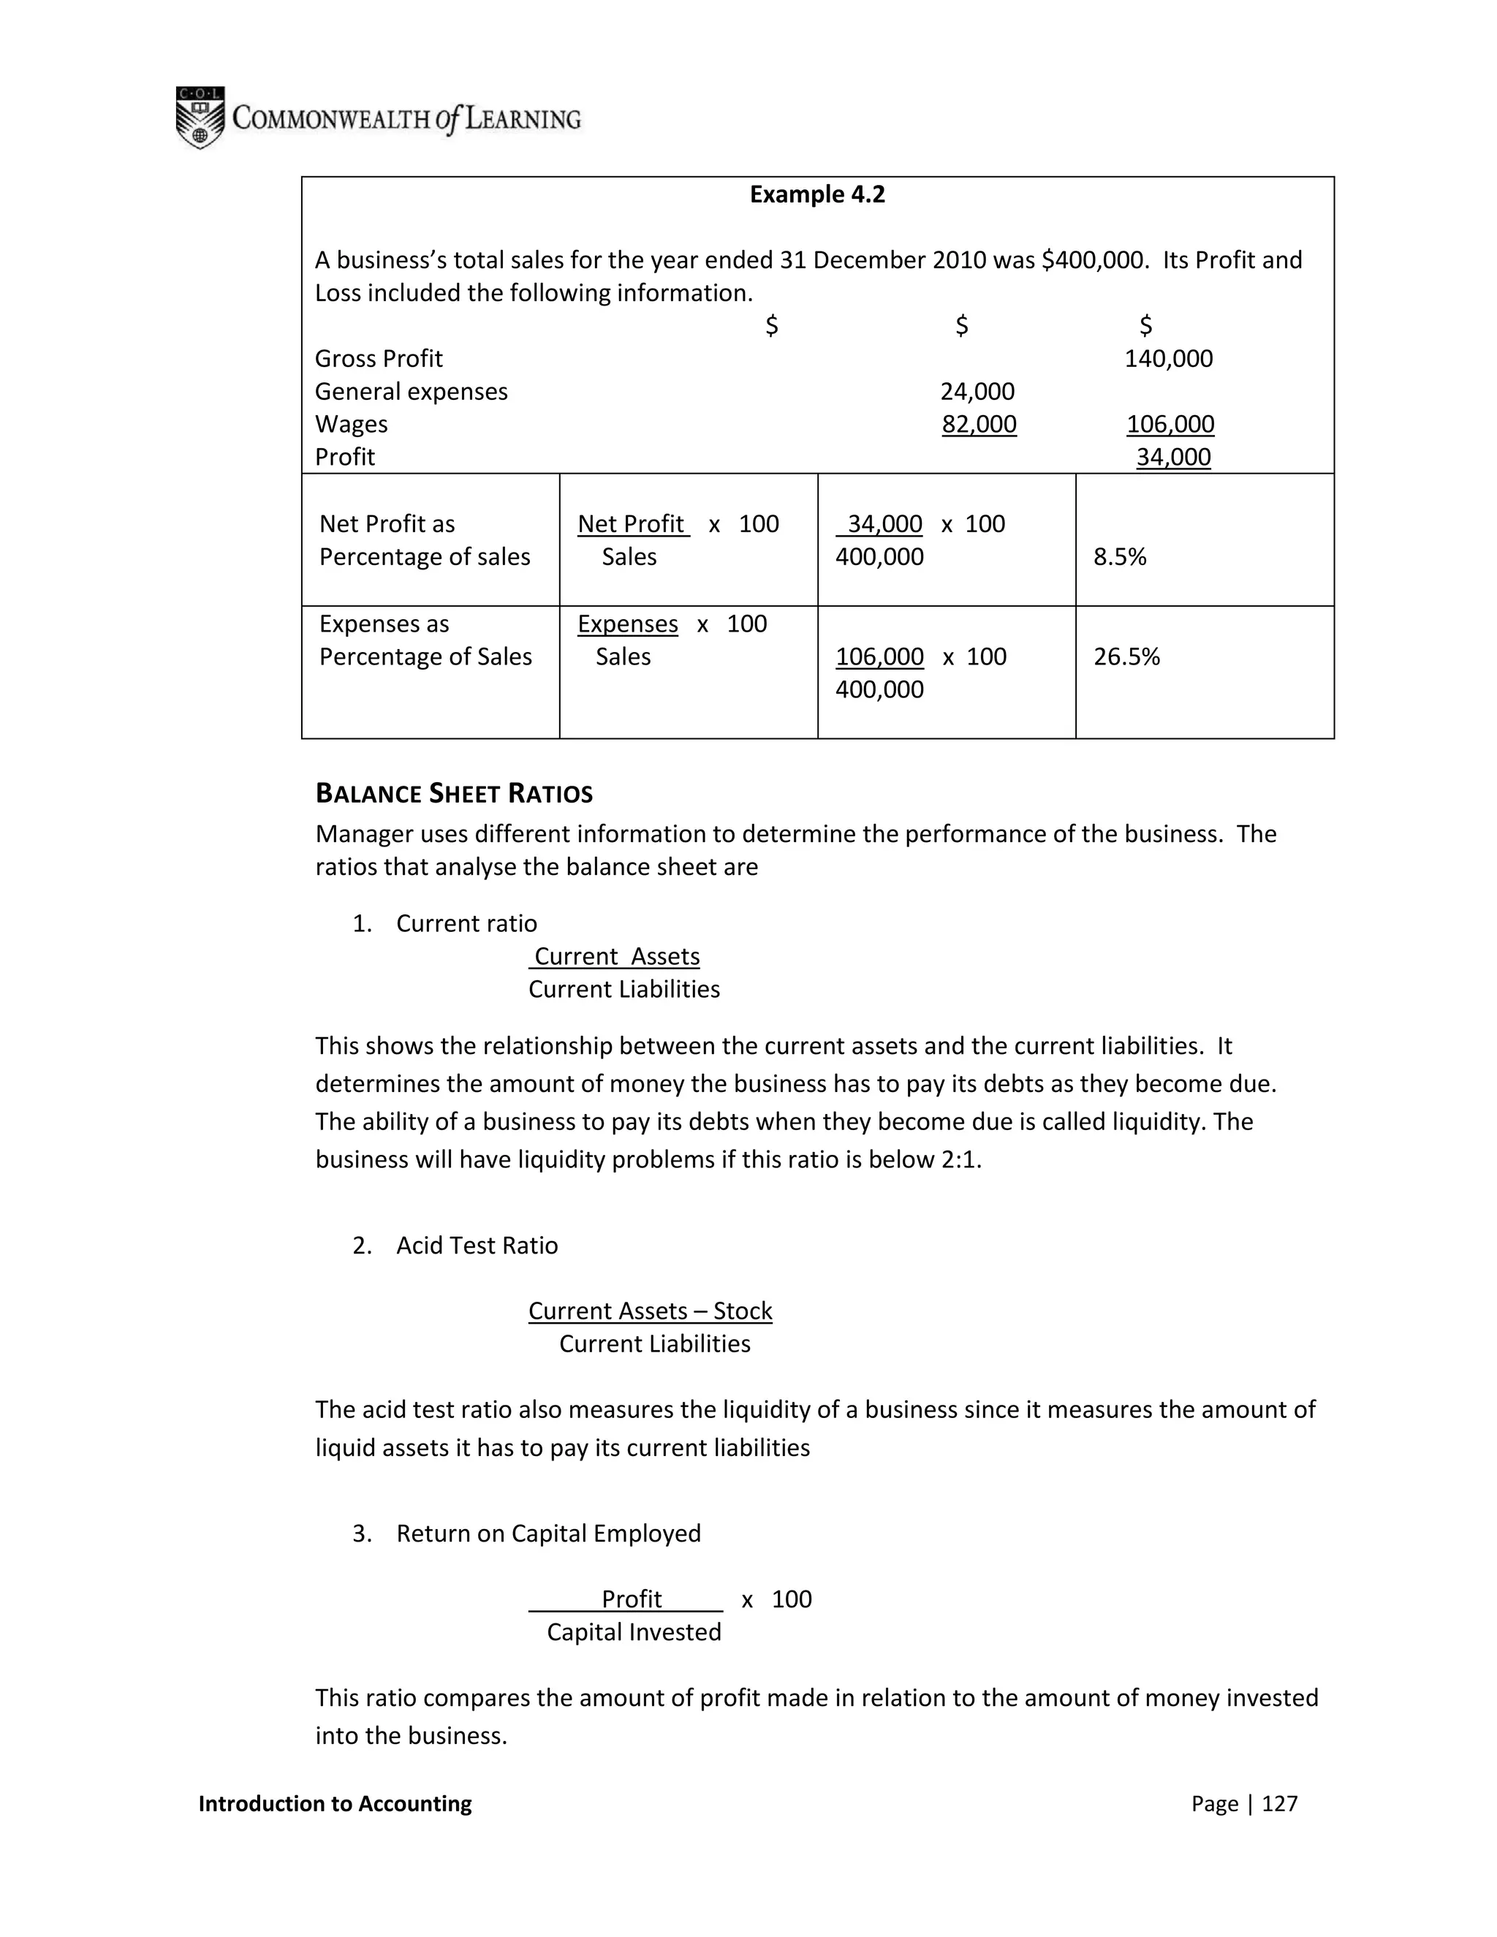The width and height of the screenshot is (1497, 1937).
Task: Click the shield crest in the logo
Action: (x=200, y=118)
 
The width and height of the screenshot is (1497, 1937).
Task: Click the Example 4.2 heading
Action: (x=816, y=194)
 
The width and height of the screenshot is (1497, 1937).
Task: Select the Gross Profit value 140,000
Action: (x=1168, y=358)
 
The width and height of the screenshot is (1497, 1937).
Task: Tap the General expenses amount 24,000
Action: (x=977, y=391)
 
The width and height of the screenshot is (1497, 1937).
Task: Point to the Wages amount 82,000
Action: (x=979, y=424)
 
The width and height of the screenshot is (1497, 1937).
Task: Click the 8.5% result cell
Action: (x=1119, y=557)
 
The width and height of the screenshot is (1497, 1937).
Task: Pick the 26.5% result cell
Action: (x=1126, y=656)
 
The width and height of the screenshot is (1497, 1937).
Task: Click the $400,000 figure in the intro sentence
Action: (x=1089, y=260)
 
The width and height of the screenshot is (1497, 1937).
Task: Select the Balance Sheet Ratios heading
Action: (x=454, y=793)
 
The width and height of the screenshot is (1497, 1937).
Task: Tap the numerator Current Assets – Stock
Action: (x=650, y=1310)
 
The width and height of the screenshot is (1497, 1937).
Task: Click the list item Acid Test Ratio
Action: (x=477, y=1246)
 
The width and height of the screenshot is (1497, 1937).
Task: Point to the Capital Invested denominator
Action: (x=633, y=1632)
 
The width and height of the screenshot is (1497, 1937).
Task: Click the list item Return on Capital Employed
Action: (x=548, y=1534)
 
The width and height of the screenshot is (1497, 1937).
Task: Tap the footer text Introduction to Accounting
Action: (x=336, y=1803)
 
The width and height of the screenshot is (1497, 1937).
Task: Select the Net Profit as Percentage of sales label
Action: (x=424, y=540)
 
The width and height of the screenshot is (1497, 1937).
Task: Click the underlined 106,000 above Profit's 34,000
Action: (x=1170, y=424)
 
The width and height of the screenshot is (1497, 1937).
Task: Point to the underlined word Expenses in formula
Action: (x=627, y=623)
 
